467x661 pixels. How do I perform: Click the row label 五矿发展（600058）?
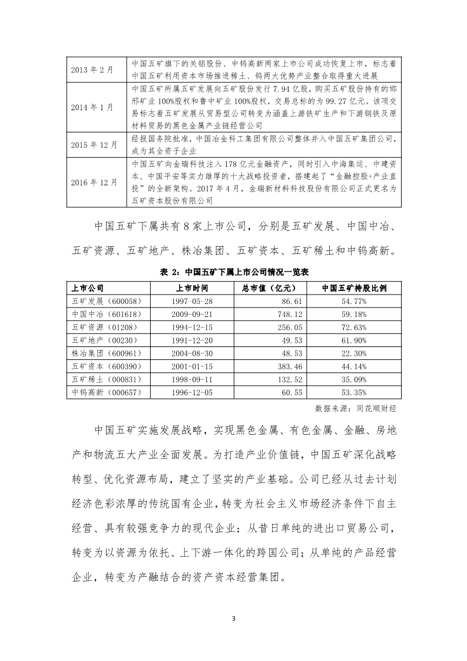click(x=101, y=300)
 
